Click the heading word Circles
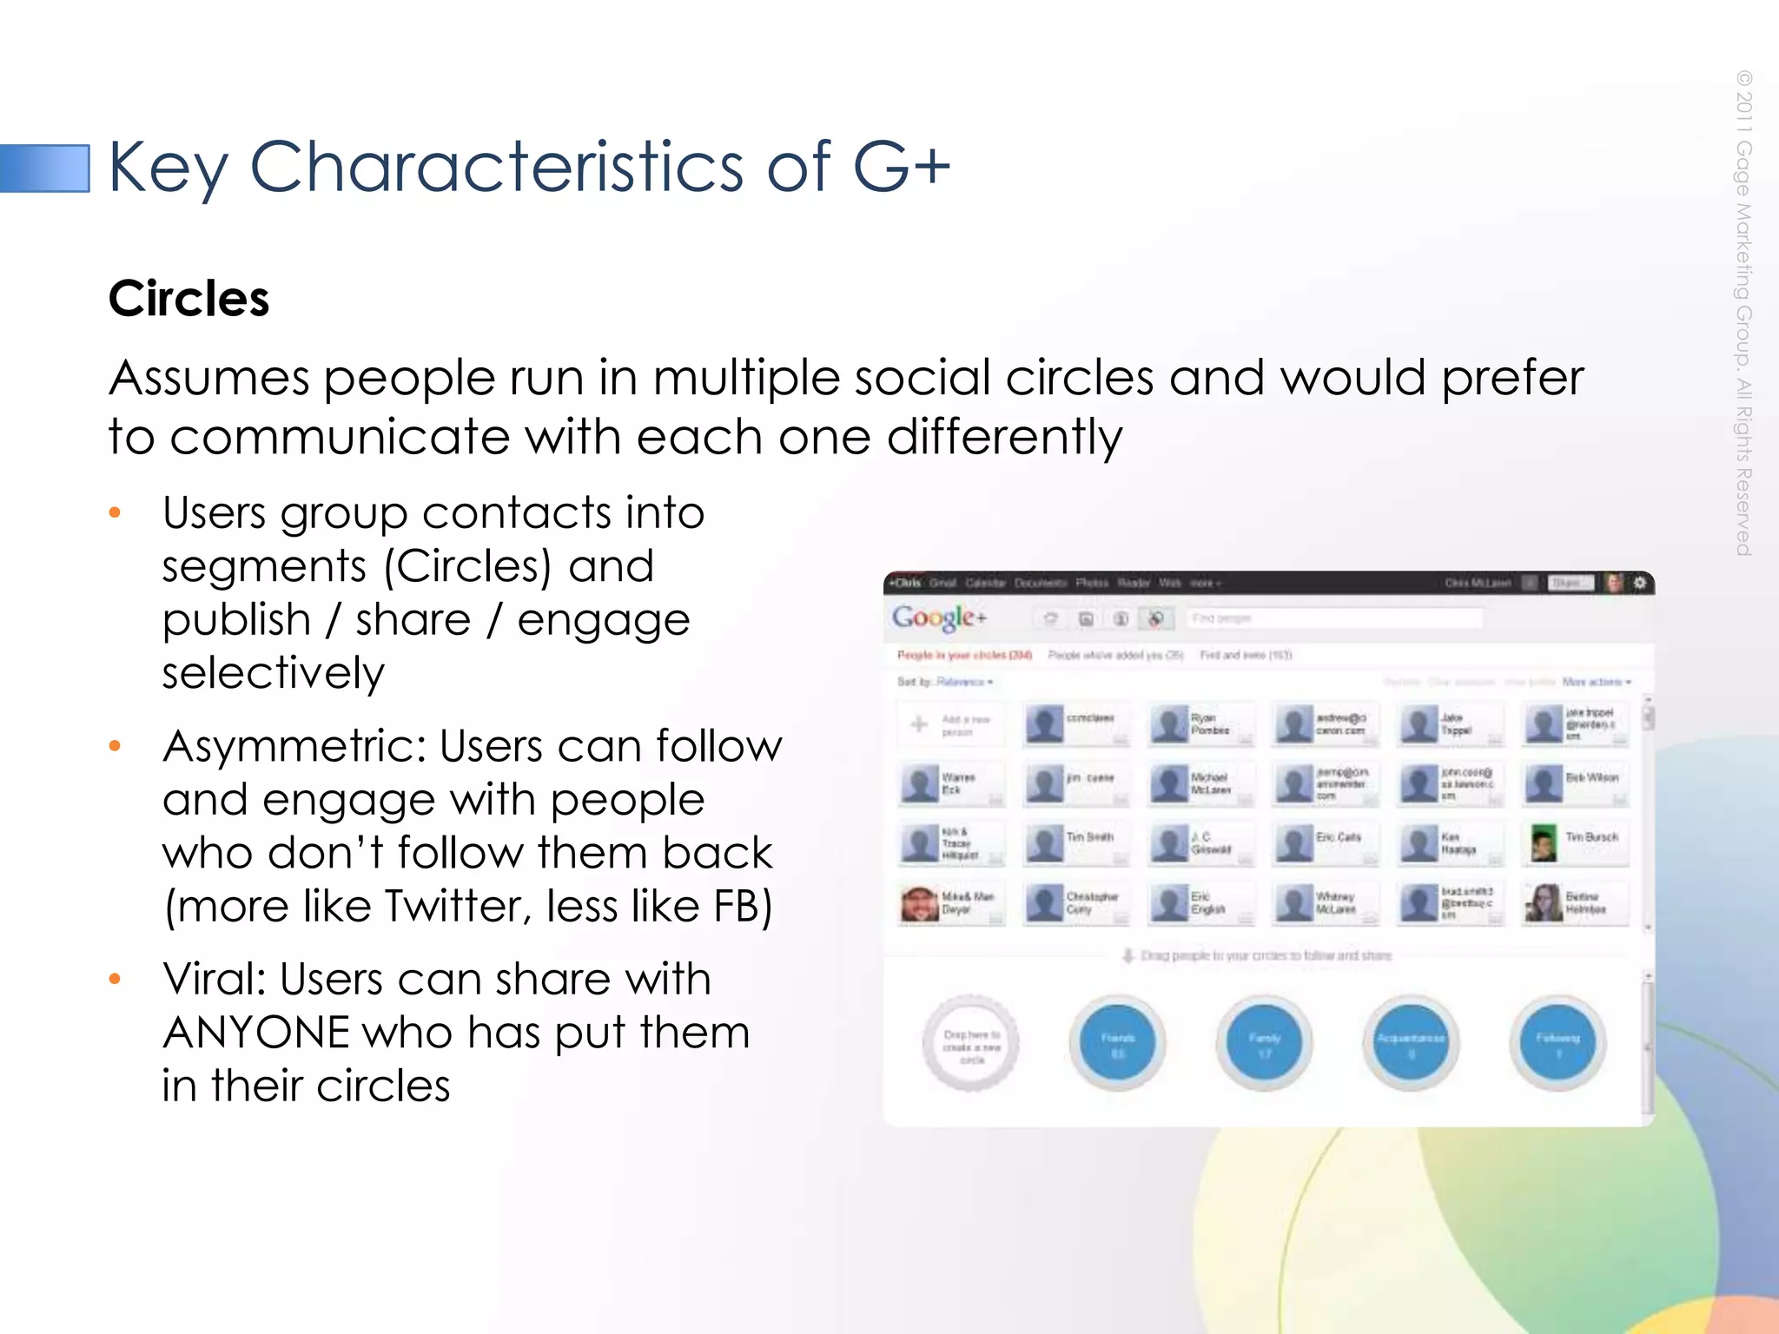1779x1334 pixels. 188,299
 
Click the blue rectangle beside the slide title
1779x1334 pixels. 45,168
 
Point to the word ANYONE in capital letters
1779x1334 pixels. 255,1034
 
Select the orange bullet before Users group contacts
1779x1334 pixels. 115,513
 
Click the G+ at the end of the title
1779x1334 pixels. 902,166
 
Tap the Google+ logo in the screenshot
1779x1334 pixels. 939,617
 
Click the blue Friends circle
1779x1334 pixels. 1117,1043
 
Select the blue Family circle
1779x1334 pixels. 1264,1043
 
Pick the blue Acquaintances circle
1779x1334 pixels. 1411,1043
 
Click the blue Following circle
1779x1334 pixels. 1557,1043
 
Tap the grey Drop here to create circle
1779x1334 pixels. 971,1043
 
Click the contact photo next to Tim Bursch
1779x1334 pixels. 1543,843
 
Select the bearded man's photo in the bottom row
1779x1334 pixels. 919,903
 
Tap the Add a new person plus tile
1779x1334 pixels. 950,724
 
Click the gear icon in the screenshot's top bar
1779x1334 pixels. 1639,583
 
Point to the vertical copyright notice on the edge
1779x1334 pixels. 1743,313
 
